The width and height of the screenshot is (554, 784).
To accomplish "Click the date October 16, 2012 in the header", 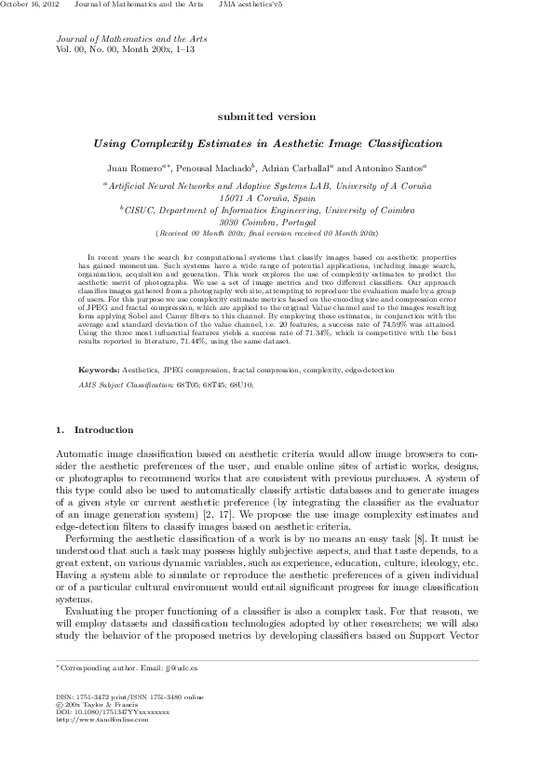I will point(30,6).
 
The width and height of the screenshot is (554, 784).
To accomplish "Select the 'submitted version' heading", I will point(266,116).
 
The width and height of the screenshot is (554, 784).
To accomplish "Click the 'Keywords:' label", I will point(99,370).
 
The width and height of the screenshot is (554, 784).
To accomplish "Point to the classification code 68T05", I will point(196,384).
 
